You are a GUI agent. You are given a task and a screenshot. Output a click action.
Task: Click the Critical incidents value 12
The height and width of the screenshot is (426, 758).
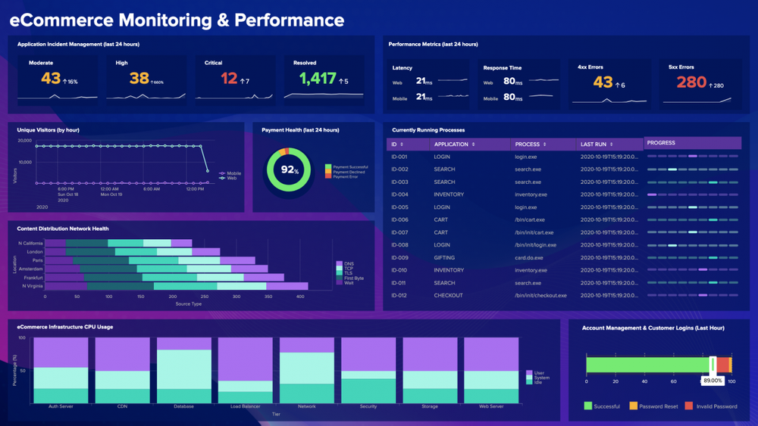click(x=229, y=78)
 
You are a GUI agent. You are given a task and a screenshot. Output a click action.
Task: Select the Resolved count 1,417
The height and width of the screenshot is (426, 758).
click(x=317, y=78)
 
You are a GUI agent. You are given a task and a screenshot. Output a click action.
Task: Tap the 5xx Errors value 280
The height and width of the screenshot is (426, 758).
click(x=691, y=82)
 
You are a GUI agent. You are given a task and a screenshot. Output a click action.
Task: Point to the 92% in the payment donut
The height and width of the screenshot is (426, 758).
click(x=290, y=169)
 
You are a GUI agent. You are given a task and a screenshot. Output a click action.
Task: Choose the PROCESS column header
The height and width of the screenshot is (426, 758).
click(x=528, y=144)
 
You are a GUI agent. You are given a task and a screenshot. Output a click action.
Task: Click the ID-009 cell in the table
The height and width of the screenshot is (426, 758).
click(x=399, y=257)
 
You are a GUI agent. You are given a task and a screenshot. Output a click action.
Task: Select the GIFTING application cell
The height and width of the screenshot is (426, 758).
click(x=444, y=257)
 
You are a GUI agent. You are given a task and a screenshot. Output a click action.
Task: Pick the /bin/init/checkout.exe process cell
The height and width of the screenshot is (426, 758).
click(x=541, y=295)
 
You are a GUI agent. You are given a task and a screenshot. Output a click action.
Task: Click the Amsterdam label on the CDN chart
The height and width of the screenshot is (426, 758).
click(x=31, y=269)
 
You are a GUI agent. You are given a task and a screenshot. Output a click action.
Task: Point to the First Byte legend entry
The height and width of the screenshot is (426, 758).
click(x=353, y=278)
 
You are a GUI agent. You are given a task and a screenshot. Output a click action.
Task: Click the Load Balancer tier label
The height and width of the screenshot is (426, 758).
click(x=245, y=406)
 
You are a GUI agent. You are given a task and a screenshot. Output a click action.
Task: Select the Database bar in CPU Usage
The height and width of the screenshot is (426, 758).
click(x=183, y=371)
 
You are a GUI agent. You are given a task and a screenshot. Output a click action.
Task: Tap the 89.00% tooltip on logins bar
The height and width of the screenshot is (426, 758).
click(x=713, y=381)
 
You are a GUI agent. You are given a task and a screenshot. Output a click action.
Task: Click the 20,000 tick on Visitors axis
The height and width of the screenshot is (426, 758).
click(x=24, y=141)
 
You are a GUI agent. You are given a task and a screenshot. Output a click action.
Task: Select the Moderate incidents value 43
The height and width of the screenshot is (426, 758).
click(x=51, y=78)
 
